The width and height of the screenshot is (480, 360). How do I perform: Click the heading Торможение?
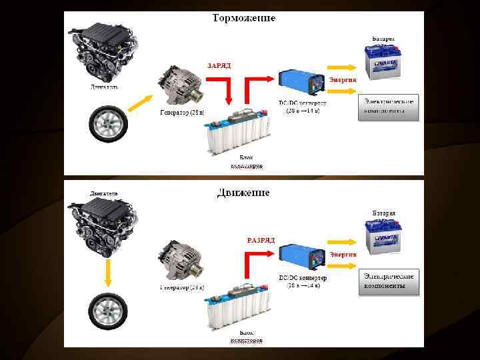243,17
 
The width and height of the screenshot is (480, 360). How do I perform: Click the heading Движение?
243,193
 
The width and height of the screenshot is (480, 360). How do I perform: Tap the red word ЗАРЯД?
220,66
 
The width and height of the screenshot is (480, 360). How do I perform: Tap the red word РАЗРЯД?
261,239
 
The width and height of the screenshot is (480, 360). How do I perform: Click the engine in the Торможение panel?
106,51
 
